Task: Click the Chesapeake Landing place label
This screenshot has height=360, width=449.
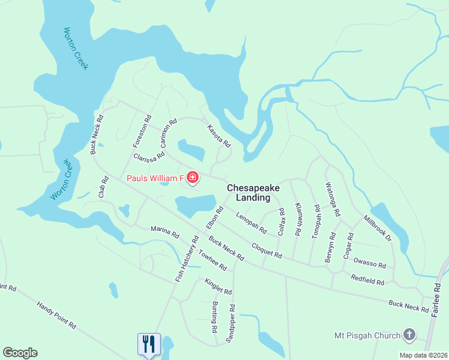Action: pos(253,193)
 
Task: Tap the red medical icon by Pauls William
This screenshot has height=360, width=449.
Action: pos(193,178)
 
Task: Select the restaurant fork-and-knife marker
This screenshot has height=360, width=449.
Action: pos(148,344)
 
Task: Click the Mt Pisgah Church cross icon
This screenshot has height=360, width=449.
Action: pos(409,334)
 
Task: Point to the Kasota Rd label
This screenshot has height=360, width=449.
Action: pos(219,136)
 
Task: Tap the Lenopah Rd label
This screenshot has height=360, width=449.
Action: pos(251,223)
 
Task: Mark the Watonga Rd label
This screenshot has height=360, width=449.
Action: pos(333,199)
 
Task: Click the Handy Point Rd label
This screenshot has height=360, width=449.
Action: pos(56,315)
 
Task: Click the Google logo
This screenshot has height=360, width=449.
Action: pos(20,352)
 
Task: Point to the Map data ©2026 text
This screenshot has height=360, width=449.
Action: pos(423,355)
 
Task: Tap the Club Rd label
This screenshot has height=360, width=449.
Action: pos(104,187)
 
